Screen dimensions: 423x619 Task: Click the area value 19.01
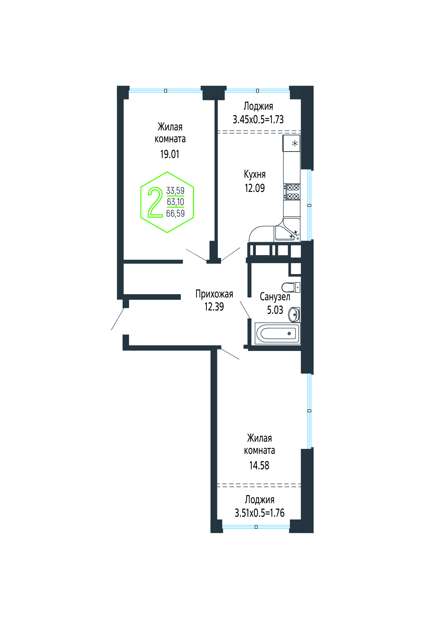[x=170, y=154]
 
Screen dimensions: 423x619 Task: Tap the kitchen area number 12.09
[x=255, y=188]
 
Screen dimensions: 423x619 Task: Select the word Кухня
[x=255, y=174]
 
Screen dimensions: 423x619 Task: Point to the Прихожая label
[x=214, y=294]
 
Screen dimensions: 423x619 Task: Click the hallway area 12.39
[x=214, y=307]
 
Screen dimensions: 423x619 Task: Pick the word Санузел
[x=275, y=297]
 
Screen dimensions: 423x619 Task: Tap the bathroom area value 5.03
[x=275, y=310]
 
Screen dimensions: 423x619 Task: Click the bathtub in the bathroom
[x=278, y=333]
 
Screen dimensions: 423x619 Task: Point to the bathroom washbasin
[x=294, y=314]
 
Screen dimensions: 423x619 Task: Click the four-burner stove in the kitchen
[x=292, y=192]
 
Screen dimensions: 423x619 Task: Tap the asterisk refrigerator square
[x=292, y=143]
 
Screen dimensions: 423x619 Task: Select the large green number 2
[x=155, y=202]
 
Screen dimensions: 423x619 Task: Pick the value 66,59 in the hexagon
[x=175, y=213]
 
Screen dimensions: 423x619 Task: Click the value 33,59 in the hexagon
[x=175, y=191]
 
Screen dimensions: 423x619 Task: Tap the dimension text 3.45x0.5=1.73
[x=258, y=119]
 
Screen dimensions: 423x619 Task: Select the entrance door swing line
[x=118, y=319]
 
